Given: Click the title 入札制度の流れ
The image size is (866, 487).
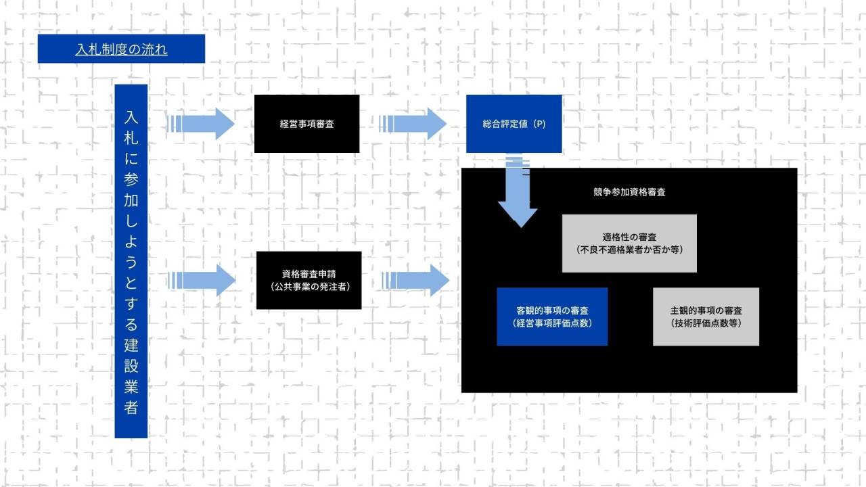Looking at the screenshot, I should point(121,49).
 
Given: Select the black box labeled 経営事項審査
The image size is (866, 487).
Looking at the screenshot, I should point(306,124).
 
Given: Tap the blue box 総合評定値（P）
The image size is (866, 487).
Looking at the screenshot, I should point(514,124).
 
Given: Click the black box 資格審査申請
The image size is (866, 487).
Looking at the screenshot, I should point(310,275).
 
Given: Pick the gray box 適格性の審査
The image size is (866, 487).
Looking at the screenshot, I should point(629,237).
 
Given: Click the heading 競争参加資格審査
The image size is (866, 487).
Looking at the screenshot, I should point(629,192).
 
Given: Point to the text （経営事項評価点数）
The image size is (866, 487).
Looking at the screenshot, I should point(552,323).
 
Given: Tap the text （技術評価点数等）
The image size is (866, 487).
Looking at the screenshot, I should point(706,323).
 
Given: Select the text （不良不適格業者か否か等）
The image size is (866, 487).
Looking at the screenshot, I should point(629,250).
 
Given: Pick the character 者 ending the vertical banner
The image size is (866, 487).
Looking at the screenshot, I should point(131,408).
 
